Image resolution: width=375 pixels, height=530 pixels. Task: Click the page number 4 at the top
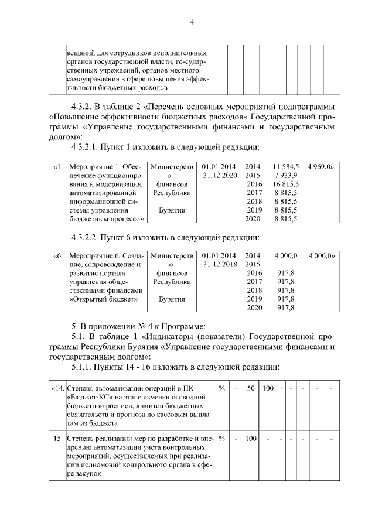point(191,22)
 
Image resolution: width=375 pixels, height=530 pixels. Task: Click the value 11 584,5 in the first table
point(286,166)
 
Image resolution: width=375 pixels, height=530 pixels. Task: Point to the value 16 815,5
point(286,184)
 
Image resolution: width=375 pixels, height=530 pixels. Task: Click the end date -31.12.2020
point(218,175)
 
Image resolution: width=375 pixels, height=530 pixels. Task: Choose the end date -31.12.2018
point(218,264)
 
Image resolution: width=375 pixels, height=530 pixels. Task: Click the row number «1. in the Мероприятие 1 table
point(58,166)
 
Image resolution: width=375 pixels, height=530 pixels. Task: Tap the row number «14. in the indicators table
point(57,388)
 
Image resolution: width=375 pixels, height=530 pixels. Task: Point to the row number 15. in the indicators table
point(59,438)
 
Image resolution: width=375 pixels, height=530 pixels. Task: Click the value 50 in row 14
point(250,388)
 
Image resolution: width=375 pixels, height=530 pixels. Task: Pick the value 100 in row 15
point(250,438)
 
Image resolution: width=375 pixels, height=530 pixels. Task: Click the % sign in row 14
point(222,388)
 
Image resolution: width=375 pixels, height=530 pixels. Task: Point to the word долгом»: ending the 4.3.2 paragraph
point(63,135)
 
